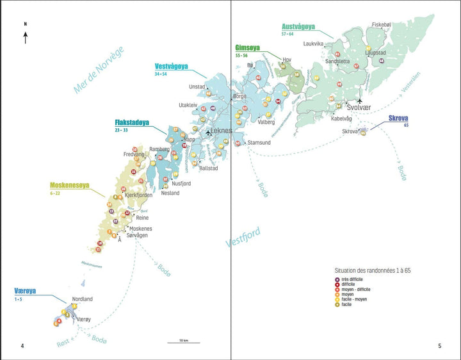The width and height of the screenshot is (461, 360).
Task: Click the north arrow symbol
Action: (25, 37)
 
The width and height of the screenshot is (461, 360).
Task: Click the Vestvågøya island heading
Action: (171, 67)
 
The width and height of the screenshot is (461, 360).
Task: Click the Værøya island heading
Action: (26, 291)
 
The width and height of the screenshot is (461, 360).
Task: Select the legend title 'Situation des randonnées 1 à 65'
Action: (373, 270)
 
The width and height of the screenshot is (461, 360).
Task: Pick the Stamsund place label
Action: (259, 143)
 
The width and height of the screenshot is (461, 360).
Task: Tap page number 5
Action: (439, 346)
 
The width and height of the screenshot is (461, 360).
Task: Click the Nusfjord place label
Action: (181, 183)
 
